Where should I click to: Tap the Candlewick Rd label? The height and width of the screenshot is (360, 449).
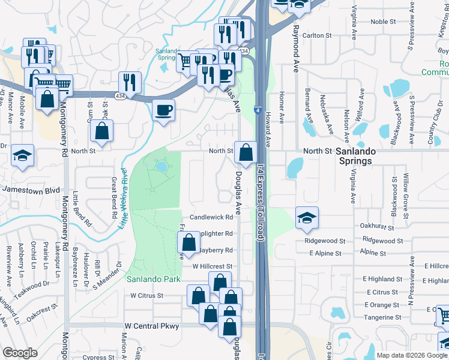coord(211,217)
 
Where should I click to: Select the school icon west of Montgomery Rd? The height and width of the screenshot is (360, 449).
coord(22,155)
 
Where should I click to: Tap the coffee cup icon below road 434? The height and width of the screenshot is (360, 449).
coord(163,110)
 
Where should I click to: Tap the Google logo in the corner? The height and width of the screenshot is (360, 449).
coord(20,353)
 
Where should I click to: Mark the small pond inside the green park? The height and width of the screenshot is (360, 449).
coord(161,165)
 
